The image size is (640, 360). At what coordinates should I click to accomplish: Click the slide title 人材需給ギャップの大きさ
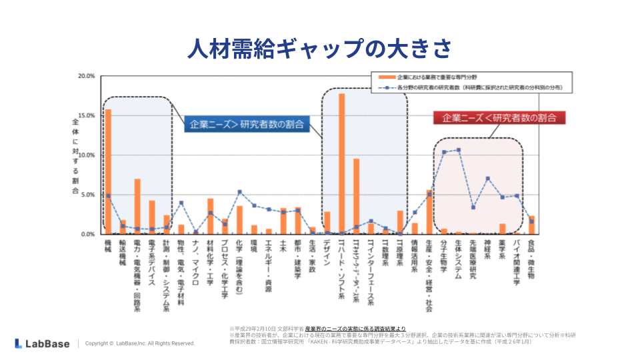pos(320,48)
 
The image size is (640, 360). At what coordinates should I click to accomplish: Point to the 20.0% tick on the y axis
pos(87,76)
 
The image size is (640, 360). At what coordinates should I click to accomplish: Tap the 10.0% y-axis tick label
pos(87,155)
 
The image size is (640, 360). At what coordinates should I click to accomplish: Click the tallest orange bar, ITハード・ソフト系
pos(341,164)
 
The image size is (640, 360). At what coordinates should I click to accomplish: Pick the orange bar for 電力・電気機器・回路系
pos(137,207)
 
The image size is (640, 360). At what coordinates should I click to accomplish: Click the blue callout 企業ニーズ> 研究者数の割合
pos(247,124)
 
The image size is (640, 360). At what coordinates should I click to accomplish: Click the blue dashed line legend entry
pos(467,87)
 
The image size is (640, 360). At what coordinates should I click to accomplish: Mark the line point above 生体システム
pos(458,150)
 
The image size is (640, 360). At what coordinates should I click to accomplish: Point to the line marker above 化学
pos(239,192)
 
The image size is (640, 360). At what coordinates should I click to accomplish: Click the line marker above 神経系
pos(487,179)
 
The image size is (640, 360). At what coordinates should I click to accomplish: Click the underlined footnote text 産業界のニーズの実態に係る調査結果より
pos(355,329)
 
